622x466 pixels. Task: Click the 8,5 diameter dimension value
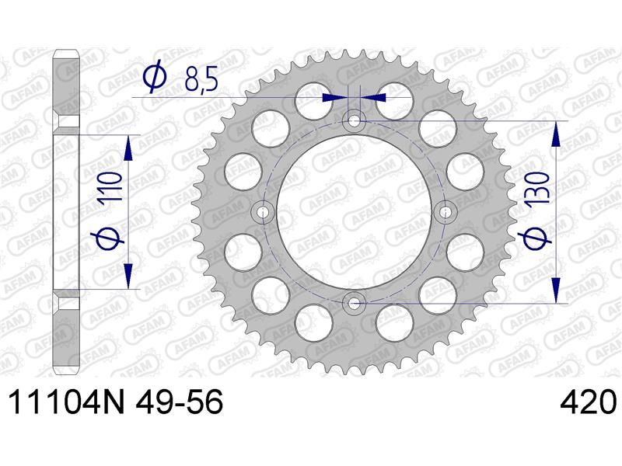pos(201,82)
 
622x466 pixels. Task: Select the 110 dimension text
pos(110,189)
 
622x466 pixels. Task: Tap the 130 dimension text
pos(538,187)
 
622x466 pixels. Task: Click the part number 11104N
pos(67,402)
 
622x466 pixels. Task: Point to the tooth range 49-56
pos(180,402)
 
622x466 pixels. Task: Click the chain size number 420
pos(589,402)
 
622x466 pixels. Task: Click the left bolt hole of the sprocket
pos(262,212)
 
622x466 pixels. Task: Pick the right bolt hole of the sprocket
pos(445,212)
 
